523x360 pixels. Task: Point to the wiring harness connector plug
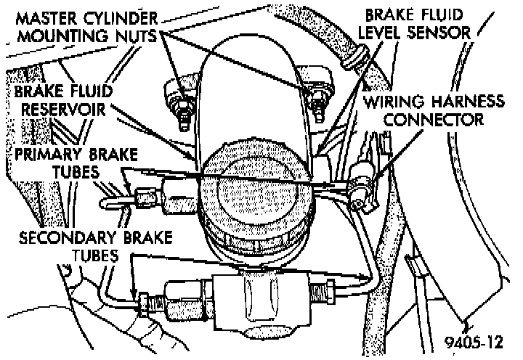pos(360,184)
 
